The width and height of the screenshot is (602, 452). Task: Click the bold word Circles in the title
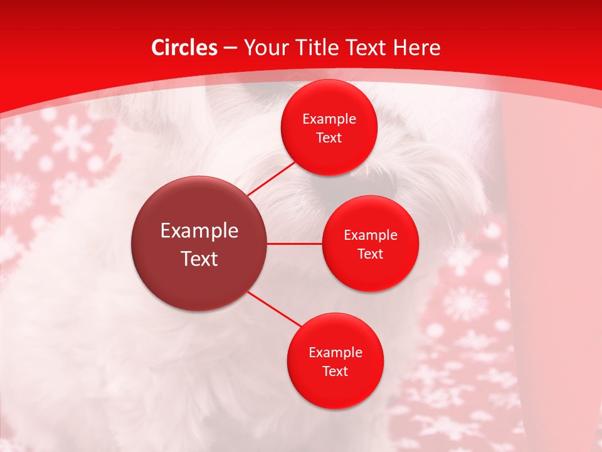pos(184,48)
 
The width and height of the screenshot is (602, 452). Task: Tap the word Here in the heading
pos(417,48)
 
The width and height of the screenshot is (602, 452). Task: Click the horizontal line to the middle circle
pos(295,244)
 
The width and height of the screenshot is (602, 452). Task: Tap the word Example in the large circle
pos(199,231)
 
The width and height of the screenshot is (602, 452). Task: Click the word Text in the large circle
pos(199,259)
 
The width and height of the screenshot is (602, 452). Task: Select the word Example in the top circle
pos(329,119)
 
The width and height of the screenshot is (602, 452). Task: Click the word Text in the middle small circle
pos(370,254)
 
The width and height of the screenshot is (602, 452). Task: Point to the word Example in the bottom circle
pos(335,352)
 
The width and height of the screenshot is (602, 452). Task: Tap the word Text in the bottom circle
pos(335,371)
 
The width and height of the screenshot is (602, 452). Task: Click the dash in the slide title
pos(230,48)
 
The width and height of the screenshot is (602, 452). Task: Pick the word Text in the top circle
pos(329,137)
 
